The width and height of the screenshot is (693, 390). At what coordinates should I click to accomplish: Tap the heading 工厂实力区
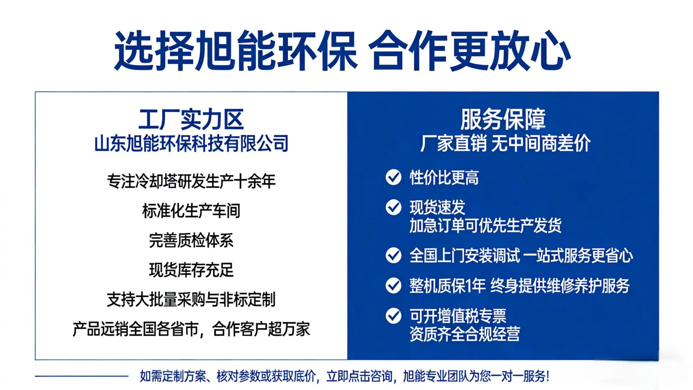point(191,119)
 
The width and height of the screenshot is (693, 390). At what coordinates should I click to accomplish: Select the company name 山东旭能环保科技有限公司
point(191,143)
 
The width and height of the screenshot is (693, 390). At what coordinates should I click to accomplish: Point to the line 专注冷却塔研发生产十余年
point(191,181)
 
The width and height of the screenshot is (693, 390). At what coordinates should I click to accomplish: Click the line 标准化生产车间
point(191,211)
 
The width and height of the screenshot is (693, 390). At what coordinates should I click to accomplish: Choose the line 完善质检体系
point(191,240)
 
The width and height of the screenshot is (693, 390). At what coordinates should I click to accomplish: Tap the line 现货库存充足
point(191,270)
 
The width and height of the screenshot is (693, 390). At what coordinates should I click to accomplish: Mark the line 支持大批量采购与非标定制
point(191,300)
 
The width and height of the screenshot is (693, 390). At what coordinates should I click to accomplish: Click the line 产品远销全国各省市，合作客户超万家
point(191,329)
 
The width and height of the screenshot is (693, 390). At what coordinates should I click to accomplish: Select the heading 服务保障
point(503,119)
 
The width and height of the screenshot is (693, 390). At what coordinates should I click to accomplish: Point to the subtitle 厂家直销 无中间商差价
point(505,143)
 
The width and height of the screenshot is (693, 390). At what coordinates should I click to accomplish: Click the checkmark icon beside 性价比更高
point(393,177)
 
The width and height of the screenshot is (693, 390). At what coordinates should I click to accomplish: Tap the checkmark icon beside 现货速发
point(393,207)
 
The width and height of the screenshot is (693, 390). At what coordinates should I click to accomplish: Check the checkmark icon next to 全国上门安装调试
point(393,255)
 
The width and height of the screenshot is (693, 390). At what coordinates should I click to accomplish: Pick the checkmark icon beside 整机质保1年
point(393,286)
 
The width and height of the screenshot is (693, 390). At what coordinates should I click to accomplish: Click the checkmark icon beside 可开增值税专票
point(393,316)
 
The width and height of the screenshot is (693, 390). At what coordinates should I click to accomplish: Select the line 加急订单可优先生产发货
point(485,226)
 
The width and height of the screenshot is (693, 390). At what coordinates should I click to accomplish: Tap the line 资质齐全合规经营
point(465,334)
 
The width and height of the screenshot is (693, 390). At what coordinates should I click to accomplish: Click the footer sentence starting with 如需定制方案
point(345,376)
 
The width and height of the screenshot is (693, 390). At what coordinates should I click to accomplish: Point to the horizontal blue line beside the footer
point(82,376)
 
